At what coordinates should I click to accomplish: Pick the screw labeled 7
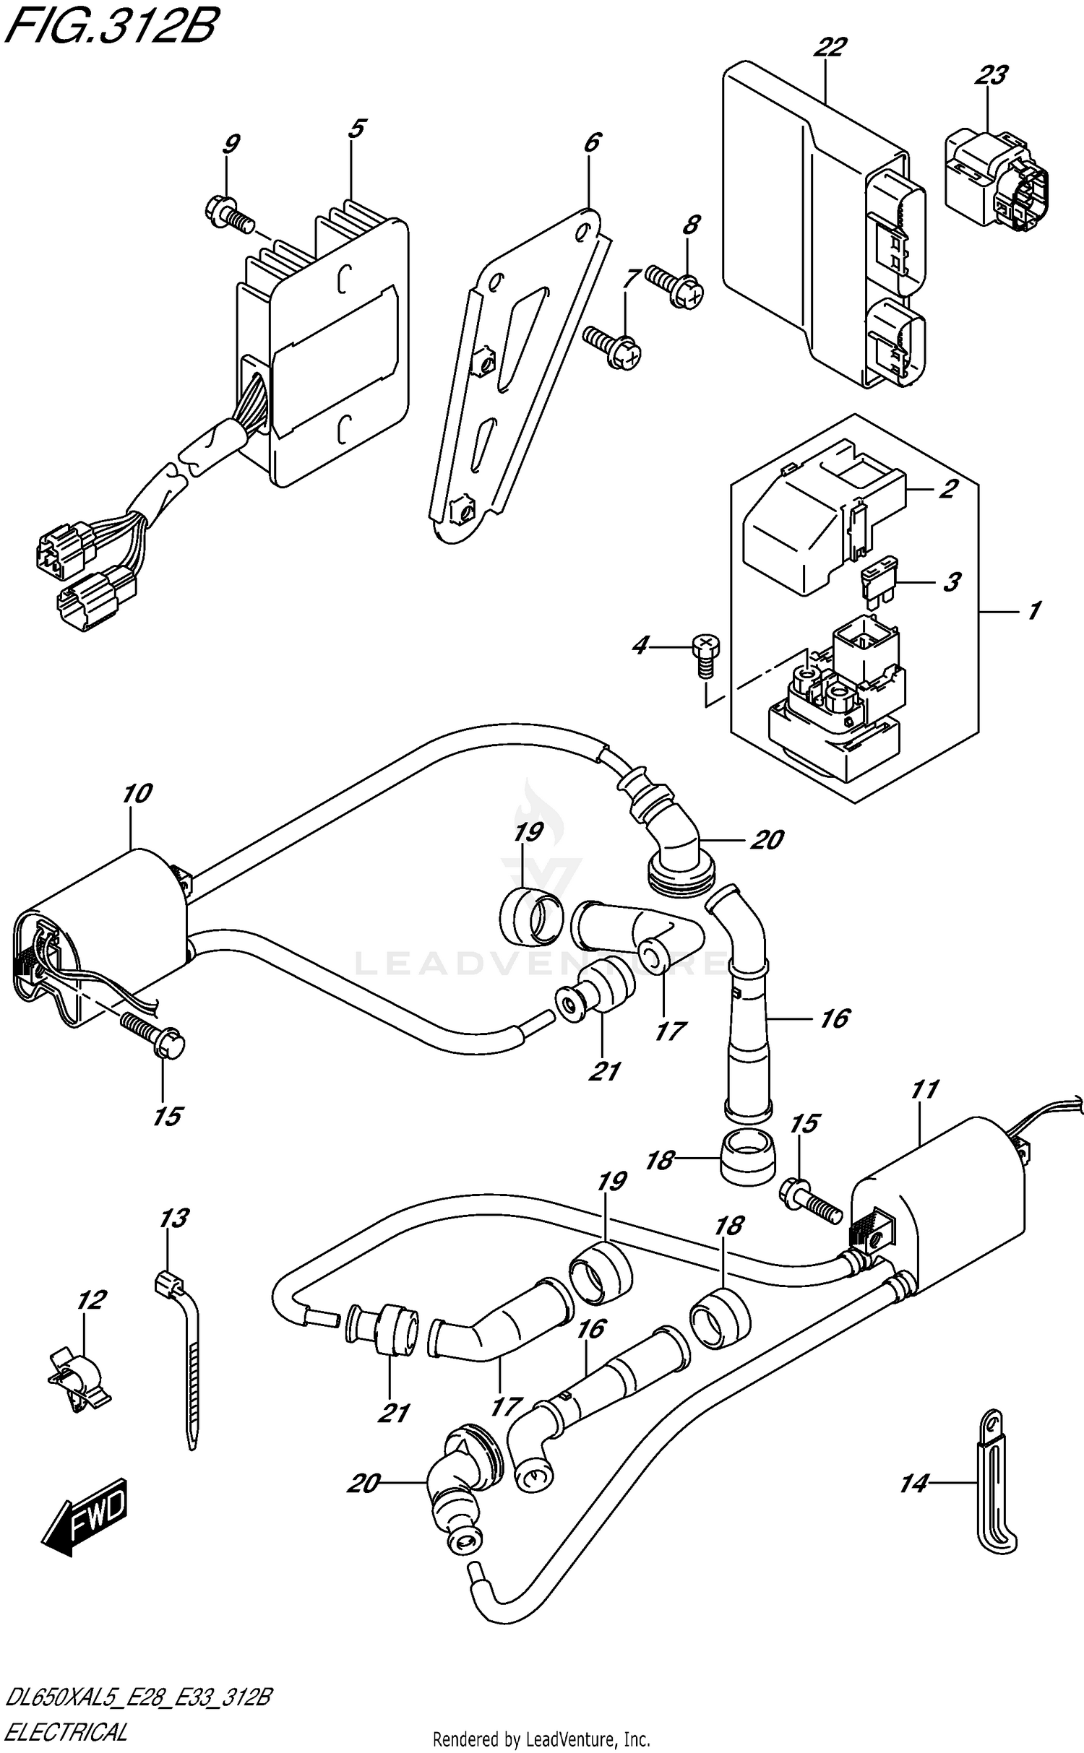[613, 346]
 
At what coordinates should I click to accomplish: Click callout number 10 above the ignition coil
[137, 795]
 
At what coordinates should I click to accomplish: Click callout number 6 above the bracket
[591, 142]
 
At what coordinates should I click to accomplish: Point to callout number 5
[356, 129]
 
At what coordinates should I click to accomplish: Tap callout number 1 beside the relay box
[1034, 610]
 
